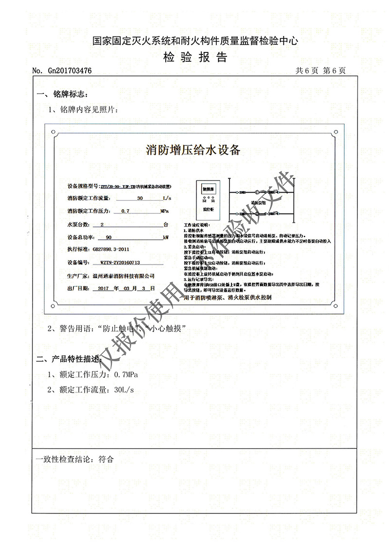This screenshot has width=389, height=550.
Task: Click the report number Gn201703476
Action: click(x=69, y=71)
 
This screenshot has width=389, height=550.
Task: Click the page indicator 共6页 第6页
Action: click(x=320, y=71)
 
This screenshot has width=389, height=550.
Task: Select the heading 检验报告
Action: click(x=195, y=57)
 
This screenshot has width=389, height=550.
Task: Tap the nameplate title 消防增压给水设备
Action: click(x=193, y=150)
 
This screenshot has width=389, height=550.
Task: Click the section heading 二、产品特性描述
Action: click(x=70, y=360)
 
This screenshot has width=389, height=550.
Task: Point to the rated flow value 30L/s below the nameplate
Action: click(x=124, y=390)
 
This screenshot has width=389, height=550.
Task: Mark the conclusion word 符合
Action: click(x=106, y=459)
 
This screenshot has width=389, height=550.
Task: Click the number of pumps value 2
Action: click(x=102, y=225)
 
